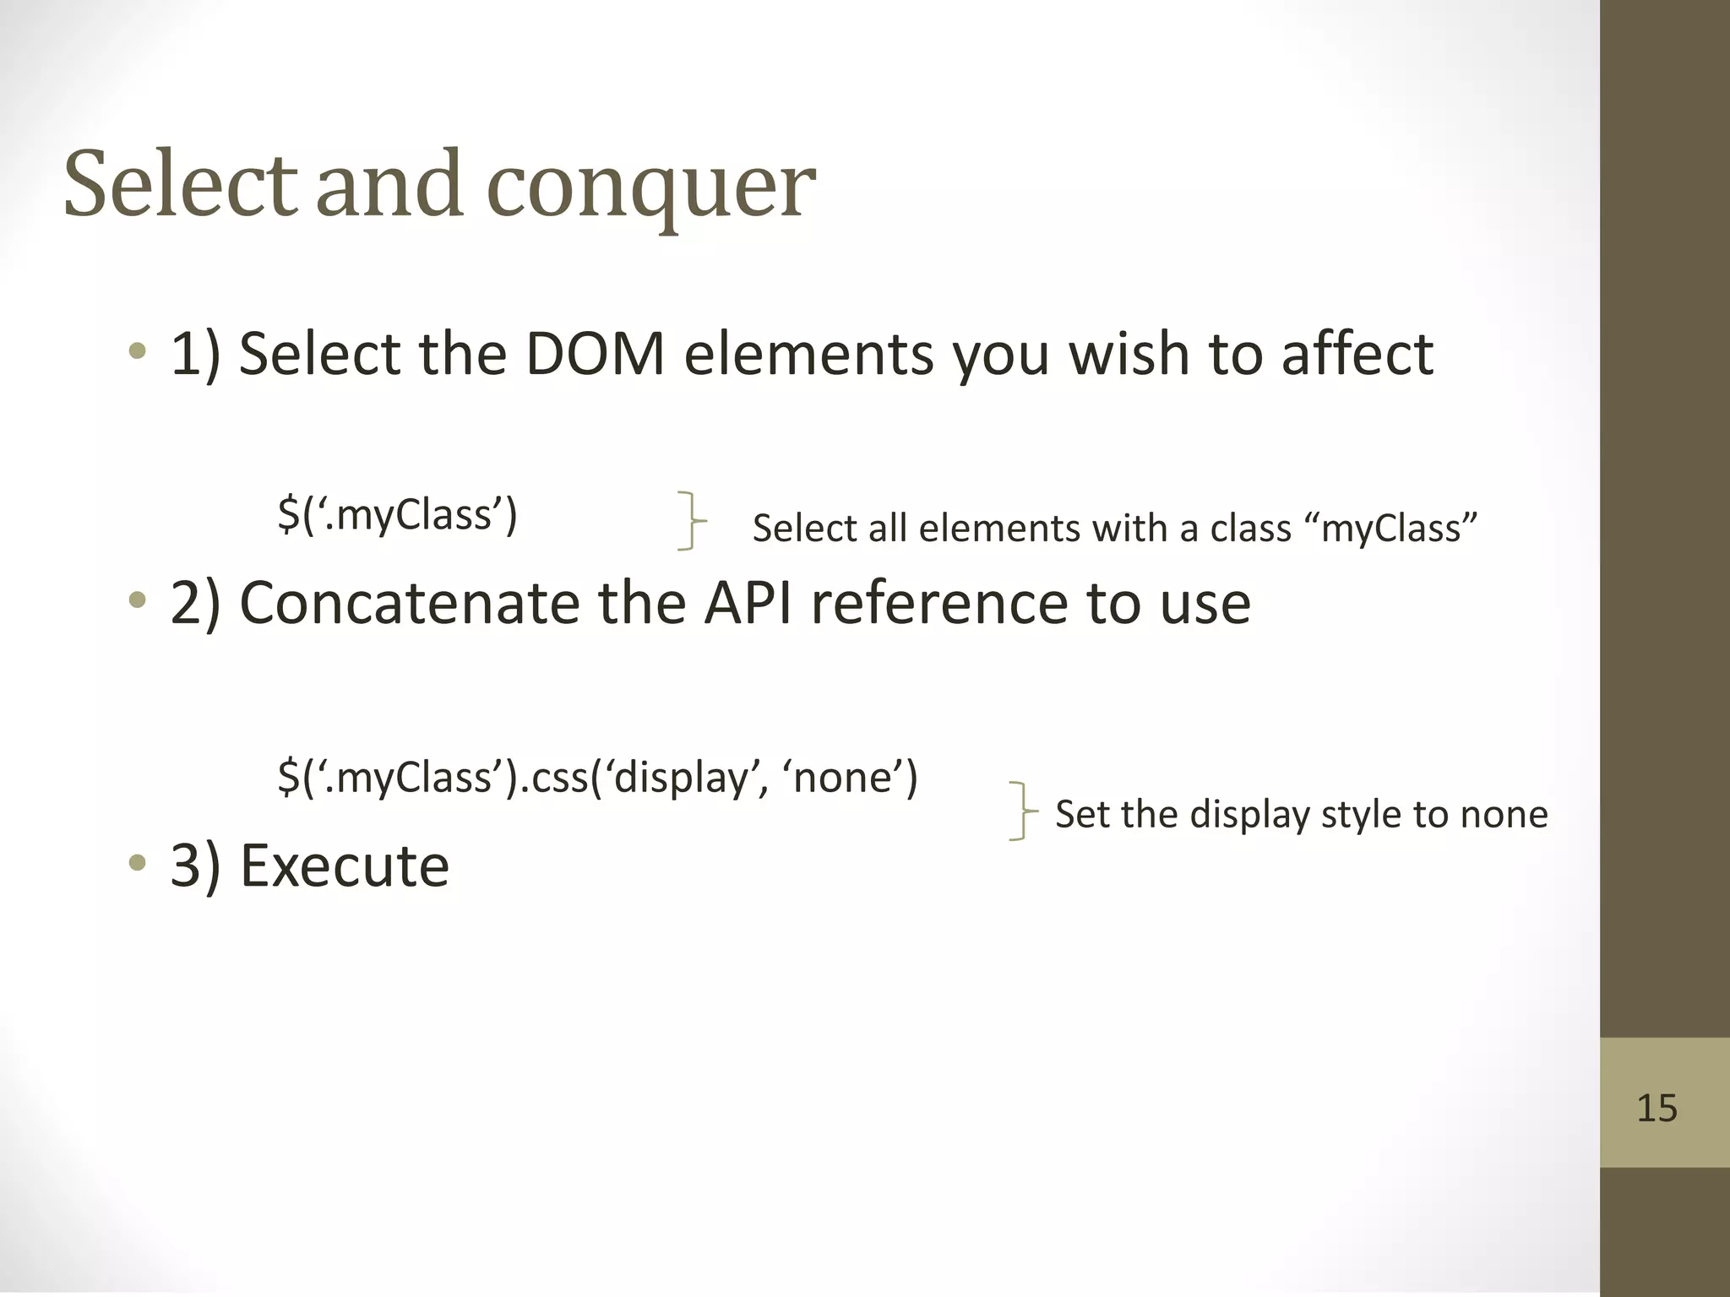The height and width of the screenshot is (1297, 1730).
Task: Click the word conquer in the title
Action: click(x=650, y=187)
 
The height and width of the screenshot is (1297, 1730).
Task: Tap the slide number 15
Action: click(x=1657, y=1107)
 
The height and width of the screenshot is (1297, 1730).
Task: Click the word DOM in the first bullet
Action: click(x=595, y=354)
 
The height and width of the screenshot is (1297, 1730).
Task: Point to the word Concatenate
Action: click(x=409, y=604)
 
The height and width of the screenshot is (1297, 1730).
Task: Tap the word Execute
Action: click(x=344, y=866)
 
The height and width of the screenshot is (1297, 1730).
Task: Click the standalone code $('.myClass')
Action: click(x=397, y=514)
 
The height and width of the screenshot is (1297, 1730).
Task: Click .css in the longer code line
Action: click(x=552, y=777)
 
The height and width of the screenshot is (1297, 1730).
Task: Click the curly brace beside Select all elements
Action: click(x=691, y=522)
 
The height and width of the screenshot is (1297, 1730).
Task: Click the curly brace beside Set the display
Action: click(x=1022, y=811)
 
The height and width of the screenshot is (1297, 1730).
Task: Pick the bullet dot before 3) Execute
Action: click(x=137, y=863)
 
